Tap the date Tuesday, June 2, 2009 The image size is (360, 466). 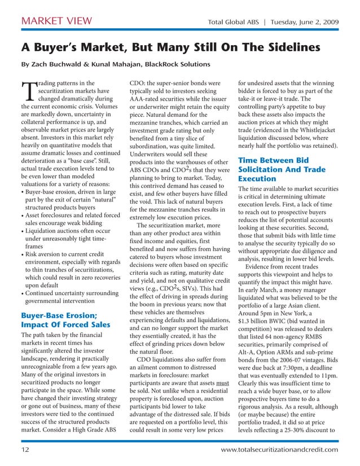point(305,22)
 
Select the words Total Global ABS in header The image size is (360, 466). point(234,22)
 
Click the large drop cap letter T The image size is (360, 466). point(28,90)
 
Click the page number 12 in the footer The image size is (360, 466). point(25,449)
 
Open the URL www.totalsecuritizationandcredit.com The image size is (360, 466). point(280,449)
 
